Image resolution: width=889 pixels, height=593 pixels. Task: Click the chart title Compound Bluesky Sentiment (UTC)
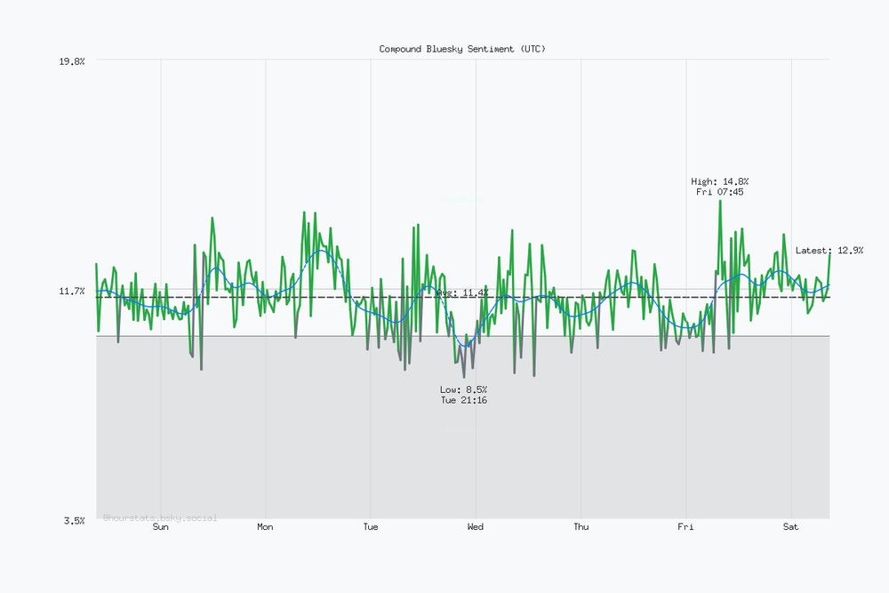coord(462,49)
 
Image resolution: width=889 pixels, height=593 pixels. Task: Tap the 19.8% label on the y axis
coord(71,60)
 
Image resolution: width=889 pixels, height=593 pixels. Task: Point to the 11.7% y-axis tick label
coord(71,291)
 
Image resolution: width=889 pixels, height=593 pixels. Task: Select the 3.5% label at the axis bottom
coord(74,520)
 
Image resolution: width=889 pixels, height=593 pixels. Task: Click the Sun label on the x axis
coord(160,527)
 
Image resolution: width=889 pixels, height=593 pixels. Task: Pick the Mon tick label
coord(265,527)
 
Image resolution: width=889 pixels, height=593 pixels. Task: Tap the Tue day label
coord(371,527)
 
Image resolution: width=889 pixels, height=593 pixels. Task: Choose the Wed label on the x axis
coord(476,527)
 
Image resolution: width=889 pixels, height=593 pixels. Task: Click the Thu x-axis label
coord(581,527)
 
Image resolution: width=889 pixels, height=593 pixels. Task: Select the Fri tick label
coord(685,527)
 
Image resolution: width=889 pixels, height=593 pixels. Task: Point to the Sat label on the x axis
coord(790,527)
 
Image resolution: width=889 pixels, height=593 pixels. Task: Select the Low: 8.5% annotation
coord(463,389)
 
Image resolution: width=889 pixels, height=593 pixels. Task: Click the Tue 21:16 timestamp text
coord(463,400)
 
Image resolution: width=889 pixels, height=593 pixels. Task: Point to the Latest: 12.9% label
coord(829,251)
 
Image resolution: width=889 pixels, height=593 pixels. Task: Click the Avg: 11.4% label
coord(462,292)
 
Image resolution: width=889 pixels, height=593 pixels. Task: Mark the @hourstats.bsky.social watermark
coord(160,517)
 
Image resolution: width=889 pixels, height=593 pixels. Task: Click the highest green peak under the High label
coord(720,201)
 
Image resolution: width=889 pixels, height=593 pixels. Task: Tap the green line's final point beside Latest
coord(829,255)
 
